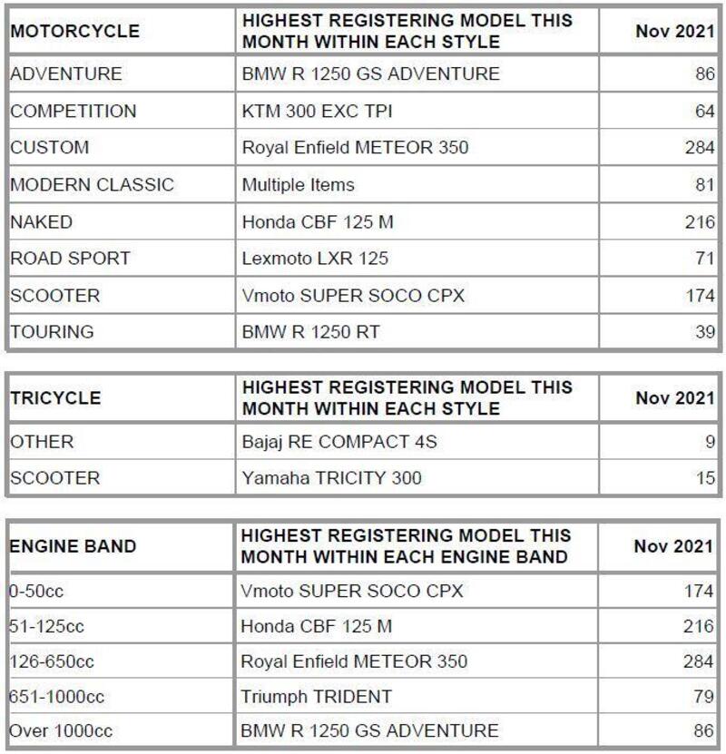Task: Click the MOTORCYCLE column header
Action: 74,32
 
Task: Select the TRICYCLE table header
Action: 55,397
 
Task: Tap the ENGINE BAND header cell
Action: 73,546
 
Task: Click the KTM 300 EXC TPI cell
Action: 316,111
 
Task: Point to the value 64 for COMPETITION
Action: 705,111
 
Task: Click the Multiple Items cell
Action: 298,185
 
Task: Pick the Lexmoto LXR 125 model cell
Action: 315,259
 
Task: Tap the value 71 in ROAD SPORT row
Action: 706,259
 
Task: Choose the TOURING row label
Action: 52,332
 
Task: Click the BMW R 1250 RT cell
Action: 310,332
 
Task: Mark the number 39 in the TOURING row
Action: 705,332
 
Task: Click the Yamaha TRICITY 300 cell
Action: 330,477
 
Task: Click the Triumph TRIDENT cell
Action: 316,697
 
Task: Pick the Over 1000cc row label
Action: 57,730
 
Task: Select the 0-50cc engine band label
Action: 37,592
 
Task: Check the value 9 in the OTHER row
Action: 710,443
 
